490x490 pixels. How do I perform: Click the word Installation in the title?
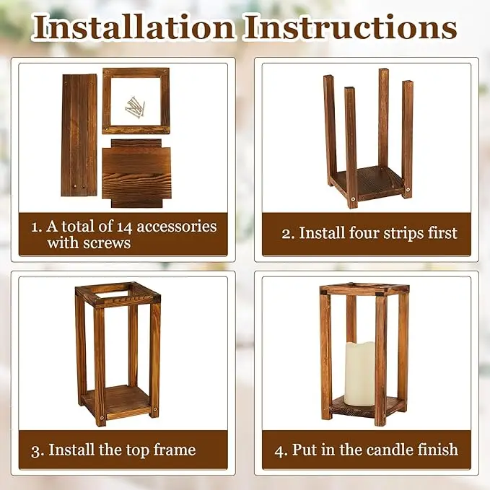134,27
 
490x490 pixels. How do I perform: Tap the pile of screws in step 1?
135,108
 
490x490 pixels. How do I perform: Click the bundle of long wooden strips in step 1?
79,135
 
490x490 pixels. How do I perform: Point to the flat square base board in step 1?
136,172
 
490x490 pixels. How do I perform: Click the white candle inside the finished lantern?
359,373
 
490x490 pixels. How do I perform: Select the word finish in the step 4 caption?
435,450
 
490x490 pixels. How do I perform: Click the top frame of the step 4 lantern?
364,289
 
